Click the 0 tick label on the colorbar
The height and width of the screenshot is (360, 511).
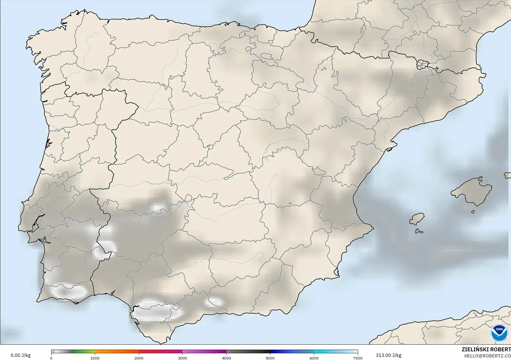coord(51,358)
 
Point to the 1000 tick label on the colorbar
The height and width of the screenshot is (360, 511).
coord(95,358)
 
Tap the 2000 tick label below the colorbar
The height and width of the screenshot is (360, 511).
coord(139,358)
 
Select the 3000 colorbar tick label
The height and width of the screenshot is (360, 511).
coord(182,358)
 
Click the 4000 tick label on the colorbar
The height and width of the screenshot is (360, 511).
coord(226,358)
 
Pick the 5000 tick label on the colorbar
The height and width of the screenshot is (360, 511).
coord(270,358)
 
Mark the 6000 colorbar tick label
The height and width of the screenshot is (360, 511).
coord(314,358)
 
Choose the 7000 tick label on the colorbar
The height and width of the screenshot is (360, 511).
coord(358,358)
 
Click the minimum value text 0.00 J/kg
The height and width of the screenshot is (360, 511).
coord(21,355)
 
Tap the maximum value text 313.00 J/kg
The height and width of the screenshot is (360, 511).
coord(388,355)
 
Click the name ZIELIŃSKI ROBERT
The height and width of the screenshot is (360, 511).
coord(486,349)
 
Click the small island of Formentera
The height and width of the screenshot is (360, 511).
coord(419,231)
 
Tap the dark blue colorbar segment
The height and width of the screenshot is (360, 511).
coord(280,352)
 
